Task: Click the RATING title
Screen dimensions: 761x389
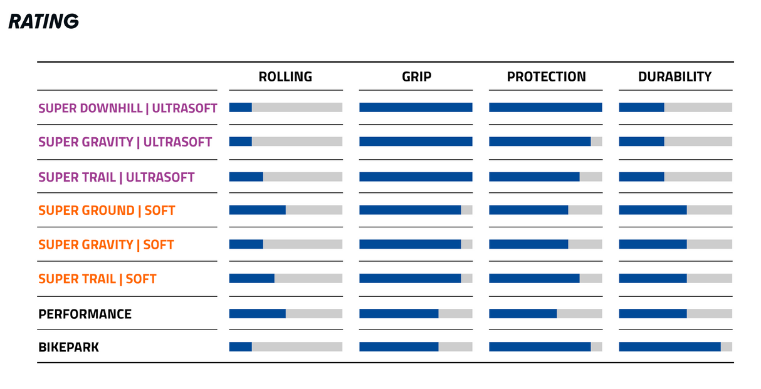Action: tap(43, 21)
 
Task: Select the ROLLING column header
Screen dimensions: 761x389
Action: tap(285, 76)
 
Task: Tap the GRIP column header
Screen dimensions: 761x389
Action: tap(416, 76)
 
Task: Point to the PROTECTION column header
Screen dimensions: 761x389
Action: tap(546, 76)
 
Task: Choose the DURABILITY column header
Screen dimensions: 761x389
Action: tap(674, 76)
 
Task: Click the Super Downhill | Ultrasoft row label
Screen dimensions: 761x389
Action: tap(128, 108)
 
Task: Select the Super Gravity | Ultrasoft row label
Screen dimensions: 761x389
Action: tap(125, 142)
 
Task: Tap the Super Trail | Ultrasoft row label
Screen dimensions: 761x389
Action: tap(116, 177)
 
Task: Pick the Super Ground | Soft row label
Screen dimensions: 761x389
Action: tap(107, 210)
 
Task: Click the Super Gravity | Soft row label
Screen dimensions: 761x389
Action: tap(106, 245)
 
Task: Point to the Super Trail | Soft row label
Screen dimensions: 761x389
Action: tap(97, 279)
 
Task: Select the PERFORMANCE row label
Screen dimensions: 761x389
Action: tap(85, 314)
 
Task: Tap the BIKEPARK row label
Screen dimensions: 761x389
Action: tap(68, 347)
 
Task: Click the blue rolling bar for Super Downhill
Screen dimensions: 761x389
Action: tap(241, 107)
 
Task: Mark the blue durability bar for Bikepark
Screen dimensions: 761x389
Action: tap(670, 346)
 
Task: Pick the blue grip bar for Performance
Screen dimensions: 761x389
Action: tap(399, 313)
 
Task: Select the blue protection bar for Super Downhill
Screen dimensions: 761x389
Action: tap(545, 107)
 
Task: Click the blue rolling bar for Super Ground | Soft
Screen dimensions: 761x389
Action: tap(258, 210)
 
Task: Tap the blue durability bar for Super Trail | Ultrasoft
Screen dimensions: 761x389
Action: tap(641, 177)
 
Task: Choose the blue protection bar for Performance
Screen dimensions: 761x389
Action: tap(523, 313)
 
